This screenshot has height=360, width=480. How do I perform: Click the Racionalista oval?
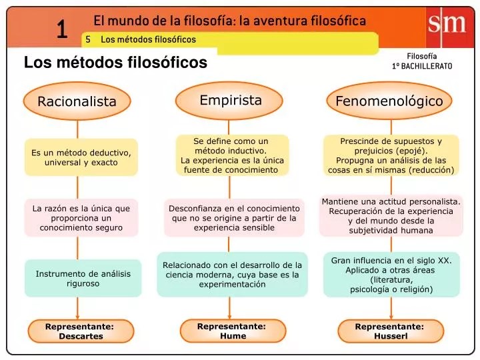tap(77, 101)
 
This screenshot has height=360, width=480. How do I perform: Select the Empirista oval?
tap(229, 101)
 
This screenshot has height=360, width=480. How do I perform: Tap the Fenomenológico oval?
tap(389, 101)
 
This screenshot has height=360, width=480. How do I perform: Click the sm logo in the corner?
tap(447, 25)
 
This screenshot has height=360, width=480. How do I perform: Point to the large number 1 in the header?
tap(62, 29)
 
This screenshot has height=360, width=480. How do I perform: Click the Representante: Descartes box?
tap(81, 331)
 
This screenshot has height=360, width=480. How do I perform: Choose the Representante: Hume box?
tap(233, 331)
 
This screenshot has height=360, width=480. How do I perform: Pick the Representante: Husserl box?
tap(391, 331)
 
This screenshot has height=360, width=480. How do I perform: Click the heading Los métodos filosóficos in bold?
tap(115, 62)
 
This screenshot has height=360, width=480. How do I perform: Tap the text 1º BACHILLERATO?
tap(422, 66)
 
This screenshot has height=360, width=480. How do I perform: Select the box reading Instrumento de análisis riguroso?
tap(83, 278)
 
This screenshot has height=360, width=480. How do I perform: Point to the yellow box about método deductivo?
tap(81, 157)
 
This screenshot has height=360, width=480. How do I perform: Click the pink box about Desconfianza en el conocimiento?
tap(234, 218)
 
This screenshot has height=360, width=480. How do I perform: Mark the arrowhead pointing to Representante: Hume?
tap(229, 317)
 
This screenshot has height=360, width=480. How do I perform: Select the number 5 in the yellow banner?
tap(88, 39)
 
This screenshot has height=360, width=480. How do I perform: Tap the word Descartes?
tap(81, 336)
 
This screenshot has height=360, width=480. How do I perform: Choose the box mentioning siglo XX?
tap(391, 275)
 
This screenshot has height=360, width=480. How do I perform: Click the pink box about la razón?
tap(81, 218)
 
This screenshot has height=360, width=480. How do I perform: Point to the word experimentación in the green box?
tap(232, 285)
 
